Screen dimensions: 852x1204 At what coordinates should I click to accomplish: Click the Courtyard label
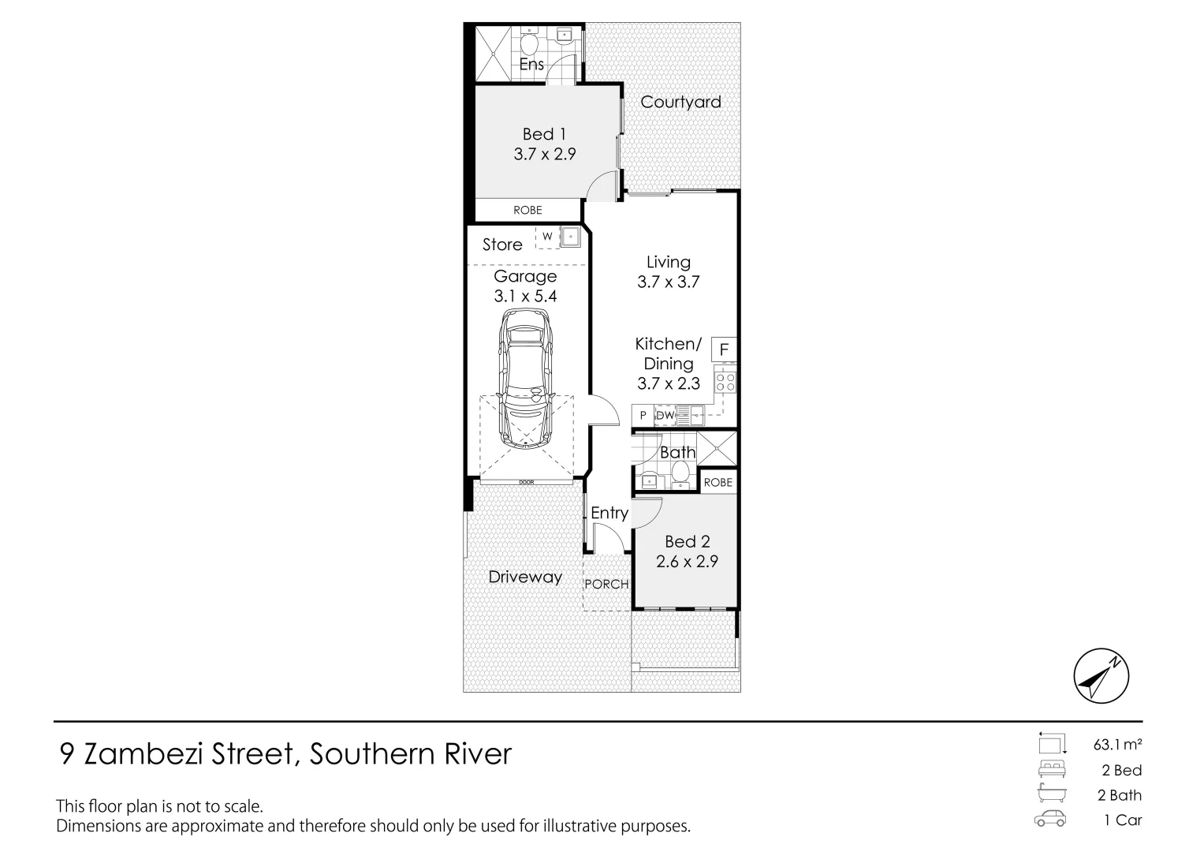coord(680,102)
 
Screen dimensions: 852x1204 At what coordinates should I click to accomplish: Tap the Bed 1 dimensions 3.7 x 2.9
coord(545,154)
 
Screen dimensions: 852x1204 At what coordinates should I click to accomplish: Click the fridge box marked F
coord(724,349)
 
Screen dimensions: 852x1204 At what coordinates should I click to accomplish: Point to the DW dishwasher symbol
coord(665,415)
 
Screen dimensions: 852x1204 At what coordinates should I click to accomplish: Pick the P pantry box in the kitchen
coord(643,415)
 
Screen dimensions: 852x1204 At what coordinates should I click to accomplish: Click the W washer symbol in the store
coord(546,237)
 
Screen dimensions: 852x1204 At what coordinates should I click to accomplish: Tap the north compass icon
coord(1101,677)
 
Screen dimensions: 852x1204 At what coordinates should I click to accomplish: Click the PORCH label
coord(606,584)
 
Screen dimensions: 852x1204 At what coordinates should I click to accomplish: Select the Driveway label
coord(525,577)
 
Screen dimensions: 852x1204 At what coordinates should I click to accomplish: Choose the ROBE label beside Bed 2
coord(718,482)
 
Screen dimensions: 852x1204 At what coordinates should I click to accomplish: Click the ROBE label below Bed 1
coord(527,210)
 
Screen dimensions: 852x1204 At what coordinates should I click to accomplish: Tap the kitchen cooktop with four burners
coord(725,383)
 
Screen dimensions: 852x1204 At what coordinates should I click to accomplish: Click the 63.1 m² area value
coord(1118,744)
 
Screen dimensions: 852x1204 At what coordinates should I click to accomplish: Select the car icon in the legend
coord(1050,820)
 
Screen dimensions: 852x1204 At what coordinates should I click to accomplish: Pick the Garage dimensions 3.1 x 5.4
coord(525,296)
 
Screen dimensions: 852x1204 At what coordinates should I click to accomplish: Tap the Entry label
coord(609,513)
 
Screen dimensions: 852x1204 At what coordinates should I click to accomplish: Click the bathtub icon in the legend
coord(1050,794)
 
